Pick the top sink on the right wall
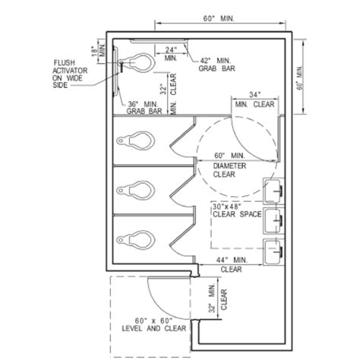click(x=273, y=188)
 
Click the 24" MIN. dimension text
click(x=171, y=53)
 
